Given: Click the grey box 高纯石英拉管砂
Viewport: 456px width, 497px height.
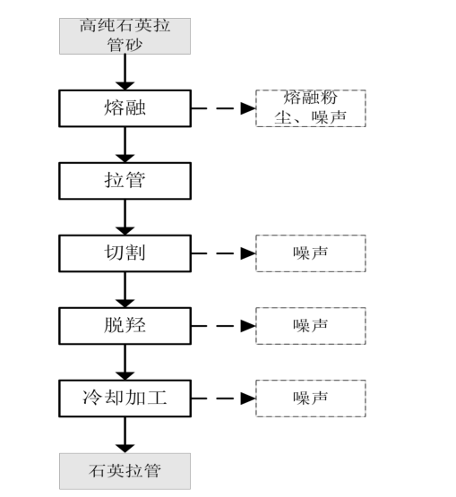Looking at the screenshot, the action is pos(125,36).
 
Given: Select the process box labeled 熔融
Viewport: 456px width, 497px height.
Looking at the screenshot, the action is pos(125,108).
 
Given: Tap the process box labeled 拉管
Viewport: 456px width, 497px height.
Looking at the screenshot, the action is pos(125,181).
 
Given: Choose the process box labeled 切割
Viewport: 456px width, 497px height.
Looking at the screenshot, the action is pos(125,253).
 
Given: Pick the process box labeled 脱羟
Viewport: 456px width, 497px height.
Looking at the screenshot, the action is pos(125,326).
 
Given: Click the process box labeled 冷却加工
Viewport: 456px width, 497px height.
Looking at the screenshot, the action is pos(125,398).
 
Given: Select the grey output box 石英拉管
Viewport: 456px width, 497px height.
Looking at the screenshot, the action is pos(125,471).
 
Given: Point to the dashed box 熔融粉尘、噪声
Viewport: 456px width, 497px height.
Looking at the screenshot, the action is pos(311,108).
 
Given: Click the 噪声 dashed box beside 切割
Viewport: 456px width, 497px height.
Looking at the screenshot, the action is pos(311,253).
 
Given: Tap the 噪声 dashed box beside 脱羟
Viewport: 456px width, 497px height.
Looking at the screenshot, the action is pos(311,326).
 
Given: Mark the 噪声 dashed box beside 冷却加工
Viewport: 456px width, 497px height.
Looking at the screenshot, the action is pos(311,398).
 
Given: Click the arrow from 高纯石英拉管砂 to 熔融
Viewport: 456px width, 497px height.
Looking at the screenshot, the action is pos(125,73).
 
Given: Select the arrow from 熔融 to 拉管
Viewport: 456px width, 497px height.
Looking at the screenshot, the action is pos(125,145).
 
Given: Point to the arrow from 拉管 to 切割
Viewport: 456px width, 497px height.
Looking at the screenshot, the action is pos(125,218).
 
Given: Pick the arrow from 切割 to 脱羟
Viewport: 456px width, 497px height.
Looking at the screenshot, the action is pos(125,290).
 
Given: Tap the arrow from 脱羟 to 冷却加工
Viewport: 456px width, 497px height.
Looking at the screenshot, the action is pos(125,363).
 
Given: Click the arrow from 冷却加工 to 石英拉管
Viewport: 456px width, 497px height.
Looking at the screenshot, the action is pos(125,435).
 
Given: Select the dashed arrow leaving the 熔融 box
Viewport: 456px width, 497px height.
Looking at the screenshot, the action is pos(224,108).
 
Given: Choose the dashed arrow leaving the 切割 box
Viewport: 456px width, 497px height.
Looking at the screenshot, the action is pos(224,253).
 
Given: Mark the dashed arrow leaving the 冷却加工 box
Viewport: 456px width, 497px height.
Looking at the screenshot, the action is pos(224,398).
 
